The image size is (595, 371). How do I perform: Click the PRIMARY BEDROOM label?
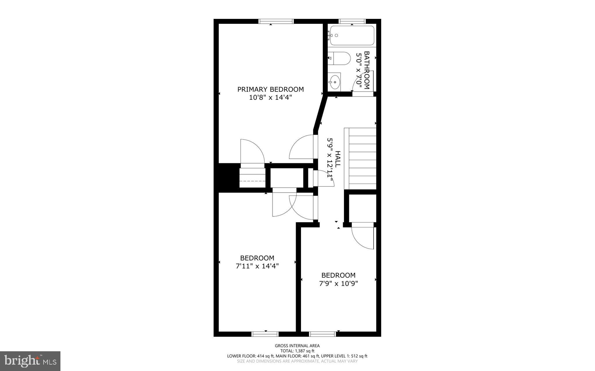(x=270, y=89)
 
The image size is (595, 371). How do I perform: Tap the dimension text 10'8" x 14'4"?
(x=270, y=97)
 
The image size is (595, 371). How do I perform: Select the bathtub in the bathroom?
(x=352, y=35)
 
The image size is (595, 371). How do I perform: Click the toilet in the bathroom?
(x=340, y=58)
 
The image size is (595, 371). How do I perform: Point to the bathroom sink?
(x=335, y=82)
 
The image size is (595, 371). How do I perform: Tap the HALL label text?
(x=337, y=159)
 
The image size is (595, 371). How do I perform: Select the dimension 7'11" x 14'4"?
(x=257, y=266)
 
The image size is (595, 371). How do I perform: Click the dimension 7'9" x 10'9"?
(x=338, y=283)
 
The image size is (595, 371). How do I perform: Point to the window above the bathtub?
(x=352, y=21)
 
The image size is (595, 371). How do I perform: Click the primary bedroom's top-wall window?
(x=276, y=21)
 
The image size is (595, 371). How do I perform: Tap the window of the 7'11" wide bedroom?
(x=265, y=334)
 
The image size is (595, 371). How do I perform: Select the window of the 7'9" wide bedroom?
(x=322, y=334)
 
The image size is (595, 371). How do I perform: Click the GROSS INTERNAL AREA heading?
(x=297, y=345)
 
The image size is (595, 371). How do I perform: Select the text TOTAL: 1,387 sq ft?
(x=297, y=351)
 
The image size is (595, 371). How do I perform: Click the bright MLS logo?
(x=30, y=361)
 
